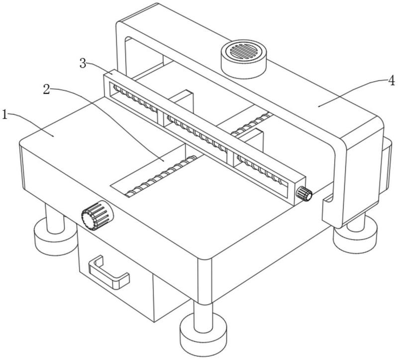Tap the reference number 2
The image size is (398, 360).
click(x=46, y=89)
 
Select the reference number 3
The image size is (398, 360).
click(x=84, y=63)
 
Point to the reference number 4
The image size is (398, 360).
click(x=392, y=79)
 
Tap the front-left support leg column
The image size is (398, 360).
click(x=53, y=217)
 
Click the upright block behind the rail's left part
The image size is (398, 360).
click(x=182, y=102)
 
